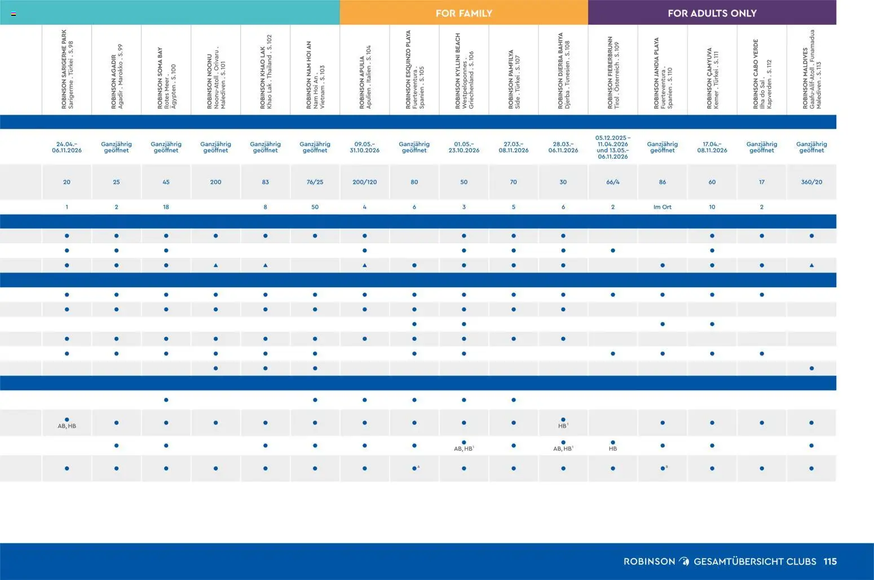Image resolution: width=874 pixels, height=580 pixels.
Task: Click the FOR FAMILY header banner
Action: tap(464, 13)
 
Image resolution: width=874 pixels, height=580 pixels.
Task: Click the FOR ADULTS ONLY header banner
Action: tap(712, 13)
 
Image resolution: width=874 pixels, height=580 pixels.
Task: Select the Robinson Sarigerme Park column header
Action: tap(67, 70)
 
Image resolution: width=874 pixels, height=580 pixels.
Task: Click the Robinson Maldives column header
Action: tap(811, 70)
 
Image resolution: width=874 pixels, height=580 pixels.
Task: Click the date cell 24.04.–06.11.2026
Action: tap(67, 147)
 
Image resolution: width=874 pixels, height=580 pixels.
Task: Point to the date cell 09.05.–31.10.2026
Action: tap(364, 147)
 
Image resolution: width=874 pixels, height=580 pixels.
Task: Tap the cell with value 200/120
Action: tap(364, 182)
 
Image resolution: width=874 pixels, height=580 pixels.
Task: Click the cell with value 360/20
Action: tap(811, 182)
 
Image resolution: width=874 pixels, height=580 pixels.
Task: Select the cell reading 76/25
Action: tap(315, 182)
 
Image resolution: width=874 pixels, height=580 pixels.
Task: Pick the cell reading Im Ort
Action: tap(662, 207)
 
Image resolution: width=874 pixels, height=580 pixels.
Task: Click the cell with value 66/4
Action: tap(612, 182)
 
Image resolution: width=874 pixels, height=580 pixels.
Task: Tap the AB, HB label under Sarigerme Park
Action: tap(67, 426)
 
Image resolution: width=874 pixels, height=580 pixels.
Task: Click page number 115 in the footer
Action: tap(830, 561)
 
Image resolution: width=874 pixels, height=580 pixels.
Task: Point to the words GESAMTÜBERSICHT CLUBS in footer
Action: tap(754, 561)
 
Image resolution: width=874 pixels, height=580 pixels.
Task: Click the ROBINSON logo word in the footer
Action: tap(649, 561)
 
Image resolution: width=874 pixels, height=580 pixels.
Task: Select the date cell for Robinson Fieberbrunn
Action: tap(612, 147)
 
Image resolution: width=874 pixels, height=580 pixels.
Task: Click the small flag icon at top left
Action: tap(13, 14)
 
